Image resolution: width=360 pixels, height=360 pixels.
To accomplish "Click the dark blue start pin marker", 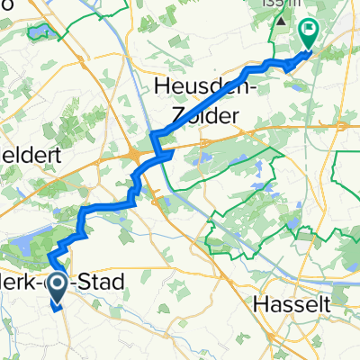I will (x=56, y=286).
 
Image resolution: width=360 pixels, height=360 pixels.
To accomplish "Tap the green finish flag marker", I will (x=309, y=35).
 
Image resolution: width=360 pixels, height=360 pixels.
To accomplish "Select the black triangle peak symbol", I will (x=283, y=21).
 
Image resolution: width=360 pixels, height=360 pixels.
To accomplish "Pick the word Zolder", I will (x=210, y=115).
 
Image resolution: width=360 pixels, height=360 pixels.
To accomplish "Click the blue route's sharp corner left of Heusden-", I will (x=152, y=134).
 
